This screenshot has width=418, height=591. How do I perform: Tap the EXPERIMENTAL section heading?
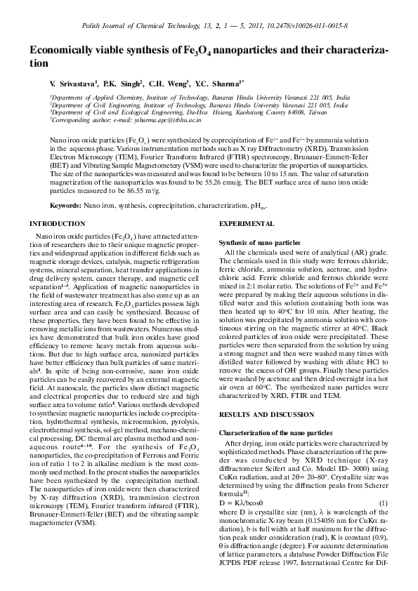[247, 223]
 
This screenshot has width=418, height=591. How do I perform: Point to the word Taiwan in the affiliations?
[318, 112]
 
